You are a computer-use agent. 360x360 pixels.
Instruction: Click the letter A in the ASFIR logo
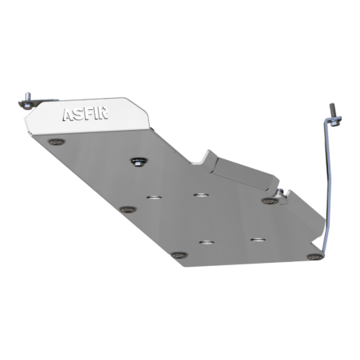68,115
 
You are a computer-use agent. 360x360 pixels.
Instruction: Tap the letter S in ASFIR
77,114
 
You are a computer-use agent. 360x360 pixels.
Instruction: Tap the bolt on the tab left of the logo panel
27,100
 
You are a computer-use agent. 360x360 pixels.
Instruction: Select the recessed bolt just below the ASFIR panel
57,142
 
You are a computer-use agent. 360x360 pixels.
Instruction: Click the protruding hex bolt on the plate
139,162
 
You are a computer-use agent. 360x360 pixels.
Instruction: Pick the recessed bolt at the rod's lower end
315,256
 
